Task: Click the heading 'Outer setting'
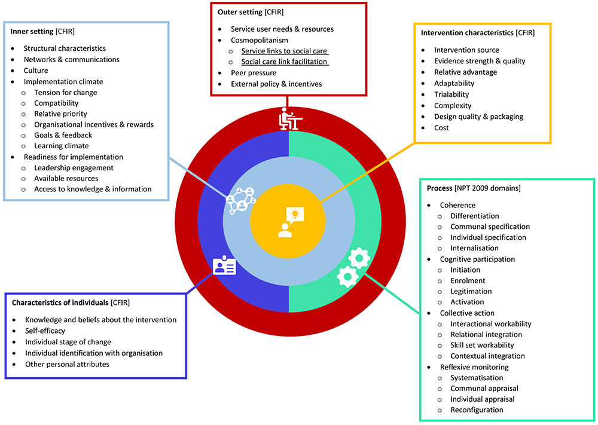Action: [x=240, y=12]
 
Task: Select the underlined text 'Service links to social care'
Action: [x=284, y=51]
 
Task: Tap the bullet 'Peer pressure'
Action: [x=254, y=73]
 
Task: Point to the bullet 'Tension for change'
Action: [x=65, y=93]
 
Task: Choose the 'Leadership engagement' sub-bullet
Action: [x=74, y=168]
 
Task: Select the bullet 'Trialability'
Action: [x=451, y=94]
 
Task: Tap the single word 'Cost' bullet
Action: [x=441, y=128]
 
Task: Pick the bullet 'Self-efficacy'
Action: [x=45, y=331]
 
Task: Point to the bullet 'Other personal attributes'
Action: [x=67, y=364]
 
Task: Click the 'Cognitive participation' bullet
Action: [x=477, y=259]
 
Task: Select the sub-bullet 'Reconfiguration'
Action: [x=477, y=410]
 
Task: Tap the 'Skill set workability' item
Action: [x=482, y=345]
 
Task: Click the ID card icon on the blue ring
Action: [x=224, y=266]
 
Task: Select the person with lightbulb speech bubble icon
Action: [x=288, y=222]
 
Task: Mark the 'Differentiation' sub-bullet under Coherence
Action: [x=475, y=216]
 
